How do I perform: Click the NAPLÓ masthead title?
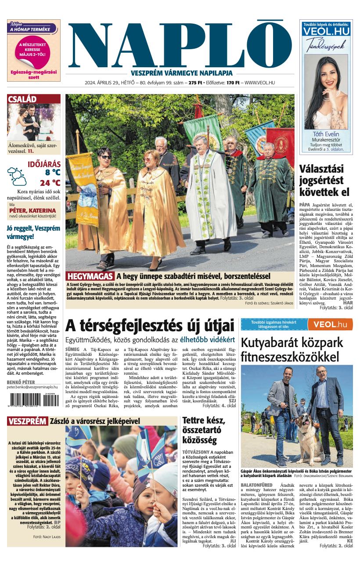pyautogui.click(x=180, y=46)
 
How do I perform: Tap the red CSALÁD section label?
pyautogui.click(x=22, y=99)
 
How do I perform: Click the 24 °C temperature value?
pyautogui.click(x=50, y=183)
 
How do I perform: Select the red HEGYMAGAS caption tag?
pyautogui.click(x=90, y=277)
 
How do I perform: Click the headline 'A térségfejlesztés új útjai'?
pyautogui.click(x=150, y=326)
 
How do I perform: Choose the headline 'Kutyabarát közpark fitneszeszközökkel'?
pyautogui.click(x=292, y=349)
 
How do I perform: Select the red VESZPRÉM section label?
pyautogui.click(x=27, y=421)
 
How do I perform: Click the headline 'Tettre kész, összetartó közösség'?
pyautogui.click(x=203, y=430)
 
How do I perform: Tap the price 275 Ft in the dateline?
pyautogui.click(x=195, y=83)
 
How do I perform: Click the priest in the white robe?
pyautogui.click(x=203, y=193)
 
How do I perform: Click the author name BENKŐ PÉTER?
pyautogui.click(x=21, y=382)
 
